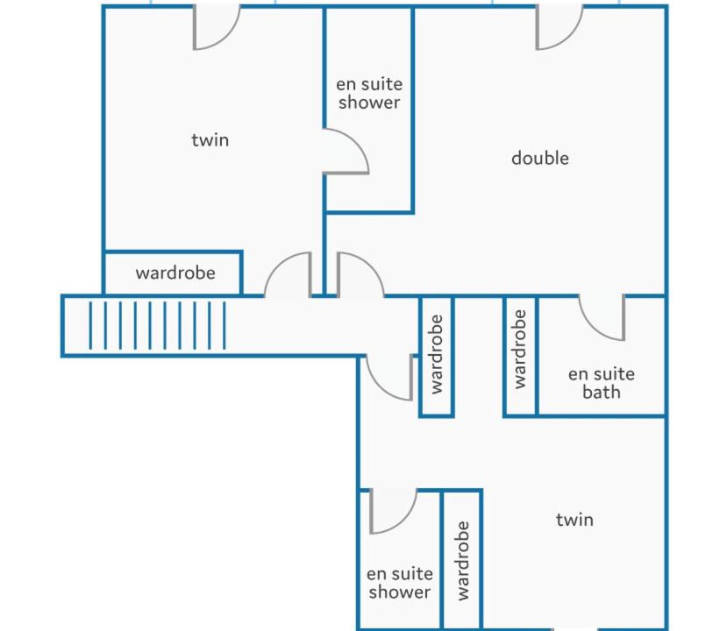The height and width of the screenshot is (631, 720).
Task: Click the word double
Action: pyautogui.click(x=540, y=158)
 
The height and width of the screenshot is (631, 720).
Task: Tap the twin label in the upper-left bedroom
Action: pyautogui.click(x=210, y=139)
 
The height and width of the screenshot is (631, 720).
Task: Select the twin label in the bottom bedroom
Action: pyautogui.click(x=574, y=520)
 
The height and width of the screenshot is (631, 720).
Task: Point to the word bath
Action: pyautogui.click(x=602, y=392)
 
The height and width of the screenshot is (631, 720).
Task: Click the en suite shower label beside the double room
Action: pyautogui.click(x=369, y=93)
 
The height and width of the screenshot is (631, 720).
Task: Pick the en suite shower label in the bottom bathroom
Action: pyautogui.click(x=400, y=583)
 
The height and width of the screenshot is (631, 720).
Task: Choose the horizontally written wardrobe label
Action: pyautogui.click(x=175, y=273)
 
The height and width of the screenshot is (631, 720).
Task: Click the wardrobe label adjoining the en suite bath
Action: pyautogui.click(x=519, y=349)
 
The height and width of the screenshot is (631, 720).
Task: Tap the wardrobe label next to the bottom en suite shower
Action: pyautogui.click(x=463, y=560)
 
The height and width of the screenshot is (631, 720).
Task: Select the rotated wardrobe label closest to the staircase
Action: pyautogui.click(x=436, y=354)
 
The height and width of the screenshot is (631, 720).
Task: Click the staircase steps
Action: pyautogui.click(x=157, y=325)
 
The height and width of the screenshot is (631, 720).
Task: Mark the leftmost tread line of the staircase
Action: pyautogui.click(x=90, y=325)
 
